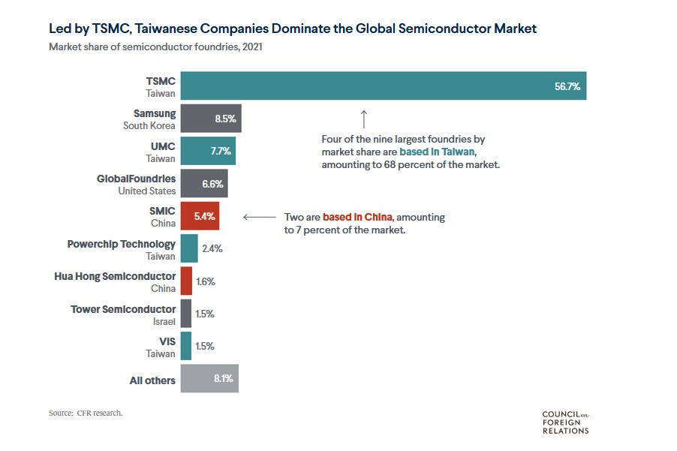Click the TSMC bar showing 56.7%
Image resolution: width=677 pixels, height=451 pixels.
(383, 86)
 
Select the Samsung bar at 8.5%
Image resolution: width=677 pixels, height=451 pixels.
(211, 119)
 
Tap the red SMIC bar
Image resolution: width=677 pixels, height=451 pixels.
(200, 216)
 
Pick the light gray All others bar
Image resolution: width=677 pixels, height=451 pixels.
(209, 380)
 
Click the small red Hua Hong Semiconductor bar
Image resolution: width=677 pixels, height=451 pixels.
(186, 281)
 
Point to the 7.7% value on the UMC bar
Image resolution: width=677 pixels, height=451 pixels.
(221, 152)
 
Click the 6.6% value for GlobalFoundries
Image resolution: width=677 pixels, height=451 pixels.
(214, 184)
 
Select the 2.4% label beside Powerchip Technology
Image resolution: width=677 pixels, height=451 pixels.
(212, 249)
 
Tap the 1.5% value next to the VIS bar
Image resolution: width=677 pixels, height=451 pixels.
(205, 347)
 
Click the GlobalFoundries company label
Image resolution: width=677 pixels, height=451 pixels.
(136, 179)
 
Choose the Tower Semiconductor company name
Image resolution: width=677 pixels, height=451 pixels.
(123, 309)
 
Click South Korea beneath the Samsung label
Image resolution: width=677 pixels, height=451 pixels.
(149, 125)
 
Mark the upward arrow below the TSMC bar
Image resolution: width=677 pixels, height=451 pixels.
(363, 119)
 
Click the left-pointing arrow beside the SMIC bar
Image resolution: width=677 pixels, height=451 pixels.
(260, 217)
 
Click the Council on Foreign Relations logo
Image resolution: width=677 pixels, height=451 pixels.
(565, 422)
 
